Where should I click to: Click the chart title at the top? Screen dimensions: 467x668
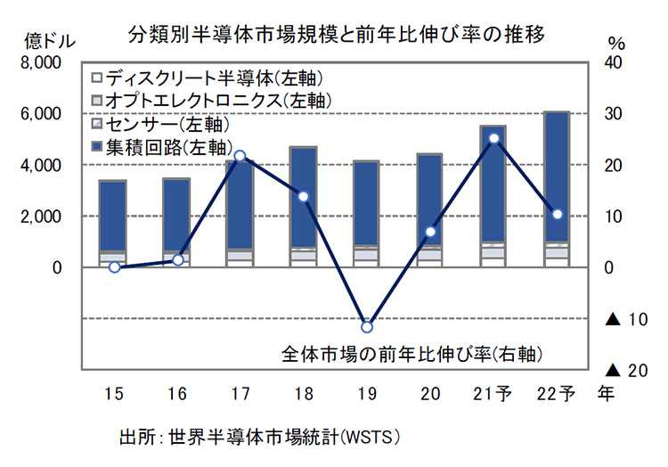(336, 34)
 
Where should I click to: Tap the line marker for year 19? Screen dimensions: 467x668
(367, 327)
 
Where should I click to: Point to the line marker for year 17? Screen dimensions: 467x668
(240, 156)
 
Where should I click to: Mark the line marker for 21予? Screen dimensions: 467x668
(493, 138)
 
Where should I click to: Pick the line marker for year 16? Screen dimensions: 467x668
(177, 260)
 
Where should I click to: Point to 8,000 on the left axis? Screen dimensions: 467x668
(41, 63)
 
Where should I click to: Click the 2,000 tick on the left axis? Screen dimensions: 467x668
(41, 217)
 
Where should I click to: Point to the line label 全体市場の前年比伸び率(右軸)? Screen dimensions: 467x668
(411, 352)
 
